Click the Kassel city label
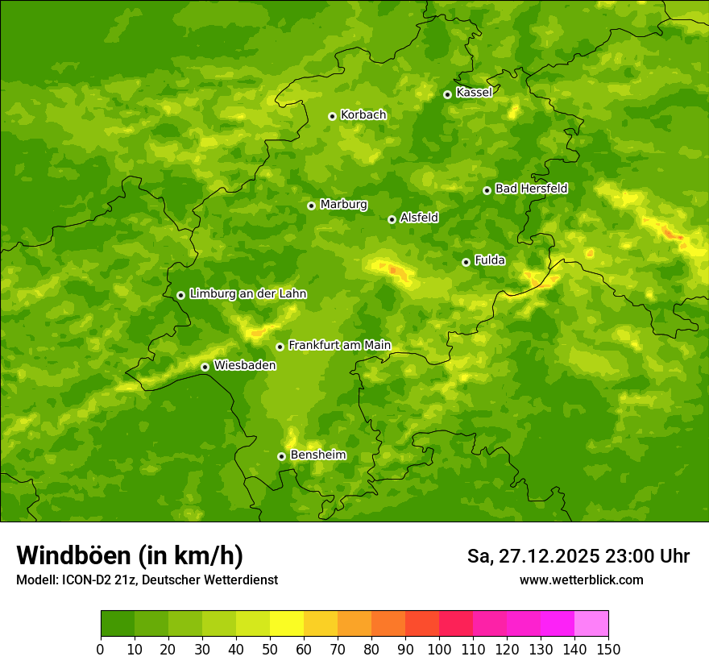(x=474, y=93)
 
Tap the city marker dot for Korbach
(x=332, y=116)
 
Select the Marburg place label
(x=343, y=205)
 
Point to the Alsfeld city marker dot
(x=392, y=219)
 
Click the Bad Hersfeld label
(x=531, y=189)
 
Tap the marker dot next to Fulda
(x=466, y=262)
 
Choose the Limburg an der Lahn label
(x=247, y=294)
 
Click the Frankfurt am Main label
(x=339, y=346)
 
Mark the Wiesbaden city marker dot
(x=205, y=367)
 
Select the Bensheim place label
(x=317, y=455)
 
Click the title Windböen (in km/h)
(x=130, y=555)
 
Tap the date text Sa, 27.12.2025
(x=533, y=556)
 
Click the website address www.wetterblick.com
(x=581, y=580)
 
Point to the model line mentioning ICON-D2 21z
(x=147, y=580)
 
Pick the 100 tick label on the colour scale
(x=439, y=649)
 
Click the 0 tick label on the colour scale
(x=101, y=649)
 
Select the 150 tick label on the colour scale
(x=608, y=649)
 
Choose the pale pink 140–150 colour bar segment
(x=591, y=624)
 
